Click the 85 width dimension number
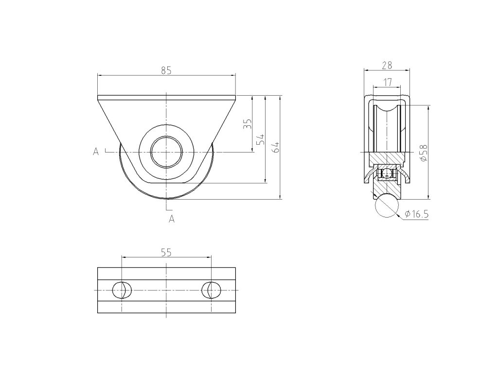click(x=166, y=70)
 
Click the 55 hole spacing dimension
click(x=166, y=252)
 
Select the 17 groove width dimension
click(x=388, y=82)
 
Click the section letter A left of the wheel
click(x=96, y=152)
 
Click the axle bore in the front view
click(x=166, y=153)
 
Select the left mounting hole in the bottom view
click(x=122, y=289)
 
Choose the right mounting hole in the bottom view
click(x=211, y=289)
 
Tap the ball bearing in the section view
click(x=387, y=173)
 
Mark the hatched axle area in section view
click(x=387, y=158)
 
